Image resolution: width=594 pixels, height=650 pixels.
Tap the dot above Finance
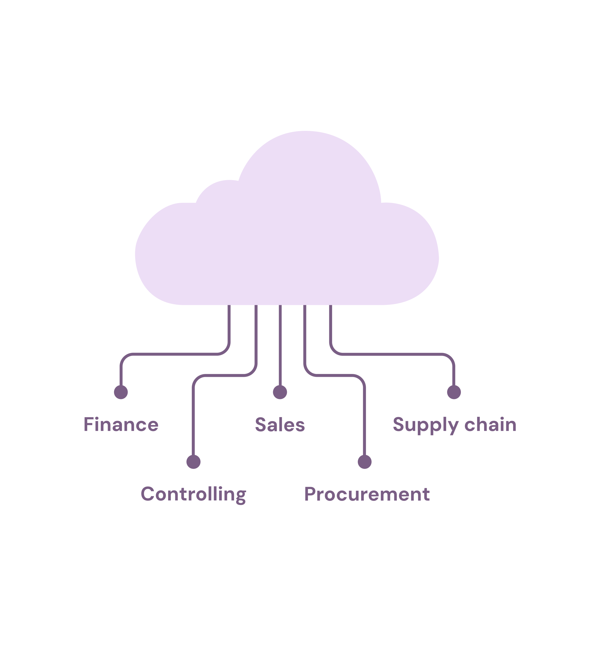pyautogui.click(x=121, y=392)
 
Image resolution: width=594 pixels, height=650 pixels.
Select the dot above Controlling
pyautogui.click(x=193, y=462)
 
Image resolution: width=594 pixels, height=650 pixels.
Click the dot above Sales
pyautogui.click(x=280, y=392)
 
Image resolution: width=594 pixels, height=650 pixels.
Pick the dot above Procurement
pyautogui.click(x=364, y=462)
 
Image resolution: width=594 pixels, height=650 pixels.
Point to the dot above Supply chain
pyautogui.click(x=454, y=392)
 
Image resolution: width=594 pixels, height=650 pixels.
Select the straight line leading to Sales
pyautogui.click(x=280, y=345)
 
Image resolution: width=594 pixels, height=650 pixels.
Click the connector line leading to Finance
pyautogui.click(x=174, y=354)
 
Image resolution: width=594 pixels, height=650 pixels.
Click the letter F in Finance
pyautogui.click(x=88, y=424)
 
